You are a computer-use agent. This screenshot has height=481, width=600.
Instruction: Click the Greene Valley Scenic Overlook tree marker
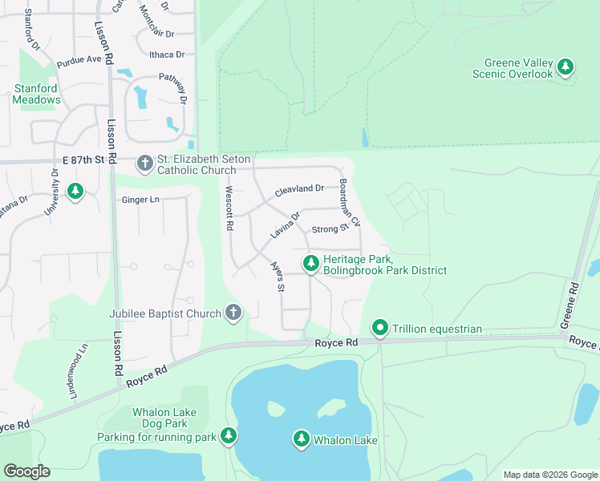[566, 67]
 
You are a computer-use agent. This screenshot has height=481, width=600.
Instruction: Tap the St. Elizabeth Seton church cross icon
[144, 164]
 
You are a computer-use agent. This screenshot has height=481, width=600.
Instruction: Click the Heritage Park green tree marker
[310, 263]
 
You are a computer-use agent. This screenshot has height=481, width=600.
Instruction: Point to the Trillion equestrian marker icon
[380, 328]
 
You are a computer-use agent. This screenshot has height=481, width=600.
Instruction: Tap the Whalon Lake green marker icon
[301, 439]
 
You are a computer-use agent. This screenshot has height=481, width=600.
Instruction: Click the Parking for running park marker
[229, 435]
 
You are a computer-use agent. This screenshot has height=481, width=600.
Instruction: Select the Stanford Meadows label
[37, 94]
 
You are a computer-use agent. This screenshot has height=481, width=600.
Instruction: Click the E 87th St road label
[84, 160]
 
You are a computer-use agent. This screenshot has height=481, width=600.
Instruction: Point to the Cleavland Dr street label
[299, 191]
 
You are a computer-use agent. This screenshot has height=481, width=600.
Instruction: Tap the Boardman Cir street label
[350, 201]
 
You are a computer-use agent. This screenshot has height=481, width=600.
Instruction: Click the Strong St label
[329, 229]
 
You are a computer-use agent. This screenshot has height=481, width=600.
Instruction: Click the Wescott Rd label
[229, 208]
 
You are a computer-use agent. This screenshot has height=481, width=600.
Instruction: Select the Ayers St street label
[277, 277]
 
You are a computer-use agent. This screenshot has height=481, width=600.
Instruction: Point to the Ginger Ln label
[141, 200]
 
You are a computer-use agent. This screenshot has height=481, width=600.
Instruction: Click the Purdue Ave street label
[79, 60]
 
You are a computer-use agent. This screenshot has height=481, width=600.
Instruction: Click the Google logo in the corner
[26, 471]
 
